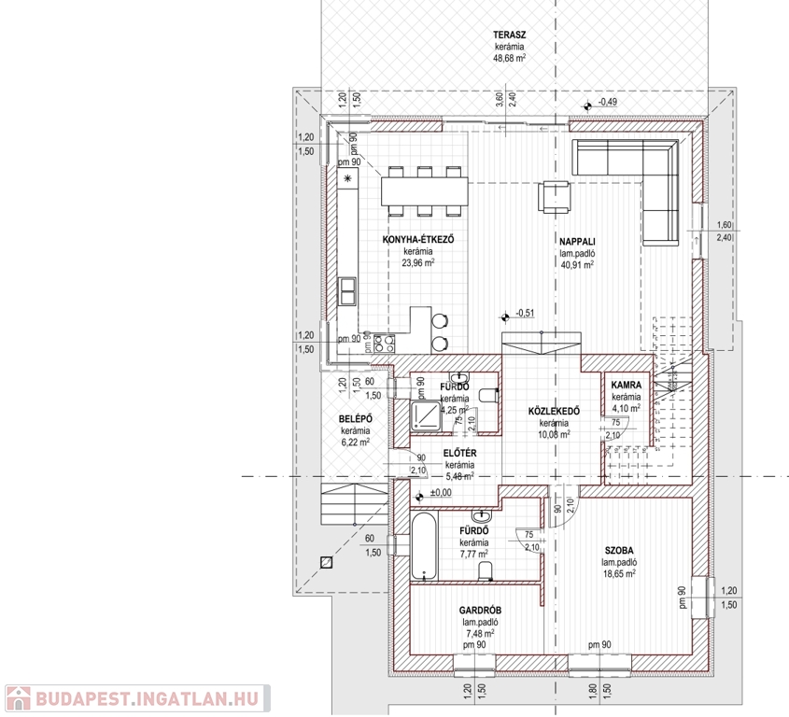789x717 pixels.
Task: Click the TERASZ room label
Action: [509, 35]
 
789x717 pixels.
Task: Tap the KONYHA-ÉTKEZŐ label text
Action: [418, 240]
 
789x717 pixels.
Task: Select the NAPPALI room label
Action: [577, 242]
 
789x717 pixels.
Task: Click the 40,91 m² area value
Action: [577, 264]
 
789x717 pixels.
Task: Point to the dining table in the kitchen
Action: [425, 191]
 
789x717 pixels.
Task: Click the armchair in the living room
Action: [555, 197]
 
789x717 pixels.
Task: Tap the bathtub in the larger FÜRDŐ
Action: [423, 546]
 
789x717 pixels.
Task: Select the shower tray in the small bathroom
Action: [426, 416]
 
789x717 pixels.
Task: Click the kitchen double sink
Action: [347, 291]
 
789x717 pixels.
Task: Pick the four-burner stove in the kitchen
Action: [384, 344]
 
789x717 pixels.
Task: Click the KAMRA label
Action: [627, 385]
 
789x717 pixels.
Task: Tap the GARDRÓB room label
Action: [480, 611]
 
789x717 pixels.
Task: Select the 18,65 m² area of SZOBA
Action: [619, 573]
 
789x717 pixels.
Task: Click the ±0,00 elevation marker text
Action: [441, 493]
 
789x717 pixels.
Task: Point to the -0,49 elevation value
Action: [607, 102]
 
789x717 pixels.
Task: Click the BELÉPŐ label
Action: [355, 419]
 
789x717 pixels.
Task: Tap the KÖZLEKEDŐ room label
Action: [554, 411]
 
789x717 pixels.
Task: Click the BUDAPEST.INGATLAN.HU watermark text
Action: [147, 699]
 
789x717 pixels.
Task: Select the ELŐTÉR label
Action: [460, 454]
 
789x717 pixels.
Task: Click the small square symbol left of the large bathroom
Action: [326, 562]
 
